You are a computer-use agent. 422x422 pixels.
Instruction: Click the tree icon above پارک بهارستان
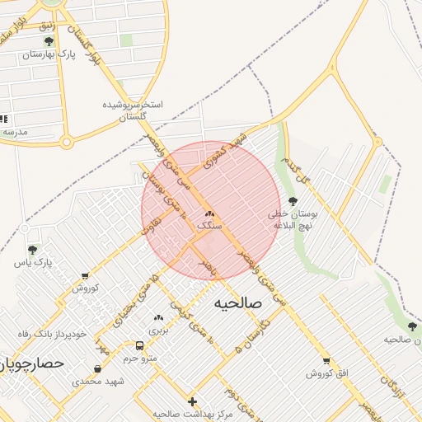click(x=49, y=40)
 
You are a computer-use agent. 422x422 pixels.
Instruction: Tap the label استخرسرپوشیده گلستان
click(x=133, y=111)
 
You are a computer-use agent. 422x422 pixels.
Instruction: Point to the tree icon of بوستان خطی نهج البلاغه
click(x=293, y=201)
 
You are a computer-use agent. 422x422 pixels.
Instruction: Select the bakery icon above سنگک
click(x=209, y=212)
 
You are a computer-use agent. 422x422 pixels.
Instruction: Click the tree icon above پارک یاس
click(x=32, y=249)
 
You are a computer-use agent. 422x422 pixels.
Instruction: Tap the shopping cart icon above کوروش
click(x=85, y=276)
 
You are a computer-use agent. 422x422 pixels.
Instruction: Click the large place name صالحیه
click(x=238, y=303)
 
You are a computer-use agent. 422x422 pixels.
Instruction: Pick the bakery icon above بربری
click(x=157, y=317)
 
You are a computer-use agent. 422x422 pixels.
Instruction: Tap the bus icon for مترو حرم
click(x=139, y=345)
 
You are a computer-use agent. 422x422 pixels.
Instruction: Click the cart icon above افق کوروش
click(x=327, y=360)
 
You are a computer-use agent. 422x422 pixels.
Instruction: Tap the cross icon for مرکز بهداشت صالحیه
click(x=193, y=401)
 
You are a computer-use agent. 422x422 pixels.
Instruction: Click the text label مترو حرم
click(x=139, y=358)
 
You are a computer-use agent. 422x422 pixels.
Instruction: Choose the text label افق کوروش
click(x=328, y=373)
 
